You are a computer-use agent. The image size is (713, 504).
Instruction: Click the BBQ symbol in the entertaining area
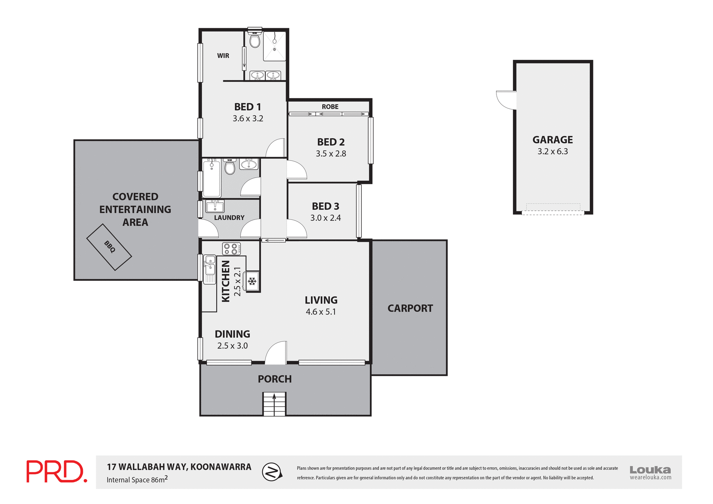tap(109, 247)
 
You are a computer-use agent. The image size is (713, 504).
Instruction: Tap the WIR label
tap(223, 56)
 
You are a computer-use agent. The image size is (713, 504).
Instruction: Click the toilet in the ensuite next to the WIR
tap(255, 40)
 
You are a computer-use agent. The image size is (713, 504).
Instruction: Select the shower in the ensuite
tap(275, 46)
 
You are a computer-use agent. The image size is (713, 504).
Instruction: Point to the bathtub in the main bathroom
tap(212, 178)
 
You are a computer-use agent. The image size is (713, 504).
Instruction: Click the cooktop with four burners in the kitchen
tap(231, 249)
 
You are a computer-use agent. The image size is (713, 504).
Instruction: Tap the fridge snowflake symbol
tap(253, 281)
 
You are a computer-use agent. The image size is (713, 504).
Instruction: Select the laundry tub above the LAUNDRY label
tap(215, 206)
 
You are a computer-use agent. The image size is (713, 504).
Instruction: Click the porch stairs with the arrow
tap(274, 404)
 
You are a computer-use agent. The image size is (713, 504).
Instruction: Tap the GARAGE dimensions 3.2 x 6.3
tap(553, 152)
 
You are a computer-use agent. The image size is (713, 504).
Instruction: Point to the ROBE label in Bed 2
tap(330, 107)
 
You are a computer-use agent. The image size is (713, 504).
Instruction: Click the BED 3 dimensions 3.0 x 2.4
tap(325, 218)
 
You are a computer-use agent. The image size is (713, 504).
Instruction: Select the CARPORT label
tap(410, 308)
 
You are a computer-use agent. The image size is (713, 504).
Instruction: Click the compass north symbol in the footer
tap(272, 472)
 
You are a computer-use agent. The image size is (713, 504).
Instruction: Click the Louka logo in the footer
tap(650, 472)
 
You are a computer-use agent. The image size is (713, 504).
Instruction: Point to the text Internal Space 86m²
tap(137, 479)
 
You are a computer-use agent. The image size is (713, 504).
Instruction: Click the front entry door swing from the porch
tap(277, 353)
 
